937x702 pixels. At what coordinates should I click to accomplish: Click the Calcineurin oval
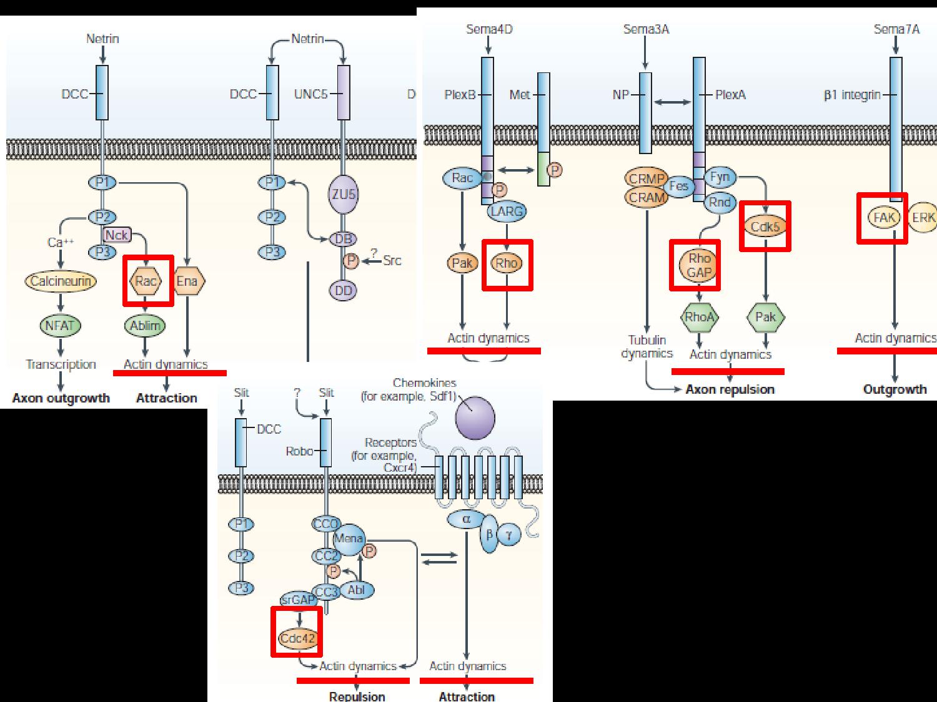point(61,281)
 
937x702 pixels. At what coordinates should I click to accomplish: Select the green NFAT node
point(60,325)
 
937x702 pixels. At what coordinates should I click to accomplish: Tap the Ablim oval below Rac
point(146,325)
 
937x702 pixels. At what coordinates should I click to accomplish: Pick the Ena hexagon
point(187,281)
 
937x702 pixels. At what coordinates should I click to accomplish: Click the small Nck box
point(117,235)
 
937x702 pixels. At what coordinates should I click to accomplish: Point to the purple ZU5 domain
point(343,194)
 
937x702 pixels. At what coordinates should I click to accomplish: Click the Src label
point(392,260)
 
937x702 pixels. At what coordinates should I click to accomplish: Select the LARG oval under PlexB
point(506,211)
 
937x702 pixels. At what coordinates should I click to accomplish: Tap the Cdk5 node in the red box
point(765,227)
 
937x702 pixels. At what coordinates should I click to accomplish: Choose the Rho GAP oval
point(699,265)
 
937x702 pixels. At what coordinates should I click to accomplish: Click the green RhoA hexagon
point(699,317)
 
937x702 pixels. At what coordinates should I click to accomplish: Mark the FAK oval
point(883,218)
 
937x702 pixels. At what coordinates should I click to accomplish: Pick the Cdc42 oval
point(297,639)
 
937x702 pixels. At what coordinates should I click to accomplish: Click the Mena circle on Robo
point(349,539)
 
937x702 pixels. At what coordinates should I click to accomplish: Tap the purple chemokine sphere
point(475,416)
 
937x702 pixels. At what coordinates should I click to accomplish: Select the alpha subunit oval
point(466,519)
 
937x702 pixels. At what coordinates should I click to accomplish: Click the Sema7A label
point(896,29)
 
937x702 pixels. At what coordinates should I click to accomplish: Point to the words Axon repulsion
point(730,389)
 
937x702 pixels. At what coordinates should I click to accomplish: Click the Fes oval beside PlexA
point(678,186)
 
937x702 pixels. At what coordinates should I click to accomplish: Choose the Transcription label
point(61,364)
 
